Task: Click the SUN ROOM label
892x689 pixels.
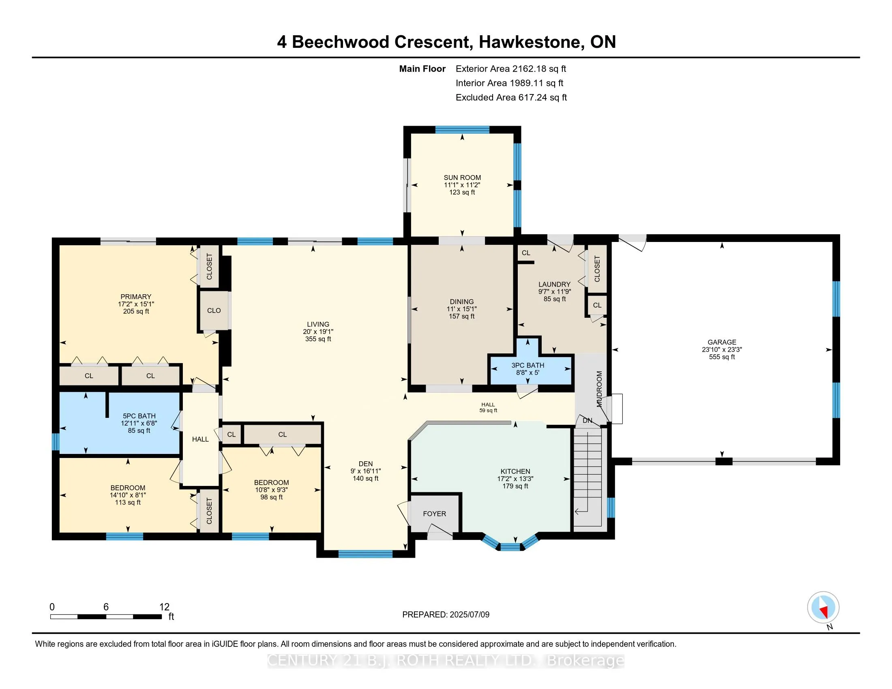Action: click(462, 178)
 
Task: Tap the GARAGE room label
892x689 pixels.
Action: click(722, 342)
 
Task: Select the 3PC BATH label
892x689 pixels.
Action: click(527, 365)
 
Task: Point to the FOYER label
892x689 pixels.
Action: click(434, 514)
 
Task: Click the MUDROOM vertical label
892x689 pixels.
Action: click(599, 389)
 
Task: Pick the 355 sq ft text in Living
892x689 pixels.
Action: click(318, 339)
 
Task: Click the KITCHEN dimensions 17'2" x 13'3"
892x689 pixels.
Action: click(515, 478)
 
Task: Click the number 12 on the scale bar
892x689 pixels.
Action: click(164, 607)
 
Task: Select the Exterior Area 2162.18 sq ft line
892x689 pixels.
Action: click(510, 68)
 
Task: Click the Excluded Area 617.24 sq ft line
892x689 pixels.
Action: click(511, 97)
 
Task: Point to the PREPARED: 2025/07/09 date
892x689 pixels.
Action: click(446, 614)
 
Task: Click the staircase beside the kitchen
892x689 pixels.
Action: click(588, 477)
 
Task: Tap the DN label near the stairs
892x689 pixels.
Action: click(588, 420)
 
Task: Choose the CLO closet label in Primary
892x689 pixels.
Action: click(214, 310)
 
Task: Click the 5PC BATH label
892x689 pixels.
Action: click(139, 416)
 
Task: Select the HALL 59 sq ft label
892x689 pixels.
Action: click(488, 407)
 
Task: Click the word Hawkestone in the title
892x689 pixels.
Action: click(530, 42)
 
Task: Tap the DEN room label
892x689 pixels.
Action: click(366, 464)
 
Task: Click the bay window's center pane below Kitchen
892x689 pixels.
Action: click(510, 547)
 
